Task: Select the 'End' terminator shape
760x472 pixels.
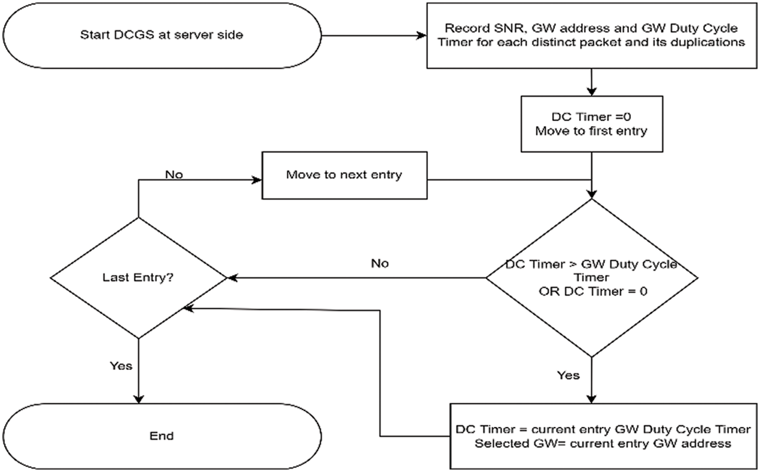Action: (x=162, y=436)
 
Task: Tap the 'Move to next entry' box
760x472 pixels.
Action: (x=344, y=175)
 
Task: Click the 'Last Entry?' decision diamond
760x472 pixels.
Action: (x=138, y=278)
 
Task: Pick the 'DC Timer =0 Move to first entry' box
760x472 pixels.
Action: (x=591, y=124)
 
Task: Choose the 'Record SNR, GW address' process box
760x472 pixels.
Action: (x=591, y=36)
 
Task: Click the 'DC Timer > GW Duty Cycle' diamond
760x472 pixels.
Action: (x=591, y=278)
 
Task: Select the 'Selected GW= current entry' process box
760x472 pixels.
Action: (x=603, y=436)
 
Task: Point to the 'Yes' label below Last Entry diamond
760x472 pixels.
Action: (x=121, y=366)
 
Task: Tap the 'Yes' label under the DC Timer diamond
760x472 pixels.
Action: (x=568, y=376)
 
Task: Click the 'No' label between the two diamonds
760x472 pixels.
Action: (x=380, y=264)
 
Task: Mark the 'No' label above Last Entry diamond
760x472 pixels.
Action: (x=174, y=175)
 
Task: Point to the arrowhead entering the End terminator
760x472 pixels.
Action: (x=138, y=399)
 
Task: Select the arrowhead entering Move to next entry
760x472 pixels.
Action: (x=257, y=180)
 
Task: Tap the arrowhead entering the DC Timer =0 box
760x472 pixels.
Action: (x=591, y=91)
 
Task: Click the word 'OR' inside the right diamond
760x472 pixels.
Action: (x=549, y=291)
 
